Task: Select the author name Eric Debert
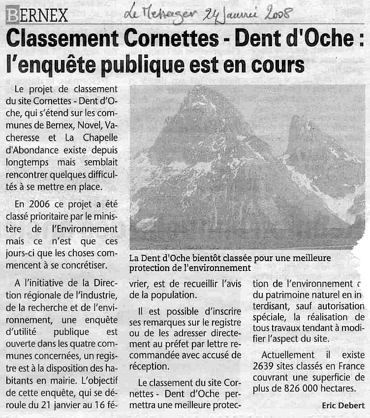(343, 405)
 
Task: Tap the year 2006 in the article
(38, 203)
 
